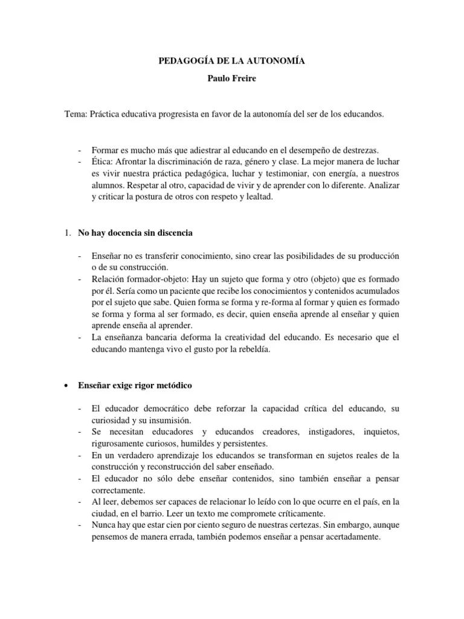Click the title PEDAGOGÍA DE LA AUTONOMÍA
pos(232,61)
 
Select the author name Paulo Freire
pos(232,79)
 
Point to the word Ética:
pos(102,162)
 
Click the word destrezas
pos(361,150)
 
